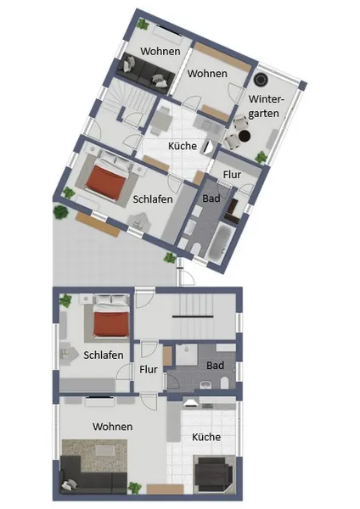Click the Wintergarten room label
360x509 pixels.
click(266, 106)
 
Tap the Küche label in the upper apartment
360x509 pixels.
click(183, 146)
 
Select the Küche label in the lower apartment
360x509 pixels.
click(206, 437)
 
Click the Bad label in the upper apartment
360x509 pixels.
click(211, 199)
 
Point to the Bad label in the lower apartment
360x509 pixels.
click(215, 366)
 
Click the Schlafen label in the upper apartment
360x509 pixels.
click(153, 199)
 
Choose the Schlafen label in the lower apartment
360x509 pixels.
click(104, 355)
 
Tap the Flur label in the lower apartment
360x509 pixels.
click(149, 369)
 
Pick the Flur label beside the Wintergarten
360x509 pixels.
click(232, 175)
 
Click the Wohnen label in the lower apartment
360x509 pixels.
click(112, 427)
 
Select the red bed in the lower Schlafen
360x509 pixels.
click(110, 324)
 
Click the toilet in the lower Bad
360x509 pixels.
click(224, 383)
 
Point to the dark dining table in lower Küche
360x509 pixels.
click(213, 471)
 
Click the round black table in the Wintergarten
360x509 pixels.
click(245, 136)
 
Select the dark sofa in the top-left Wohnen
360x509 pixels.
click(144, 74)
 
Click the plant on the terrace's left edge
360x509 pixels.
click(61, 212)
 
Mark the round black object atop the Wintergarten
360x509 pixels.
click(261, 79)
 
